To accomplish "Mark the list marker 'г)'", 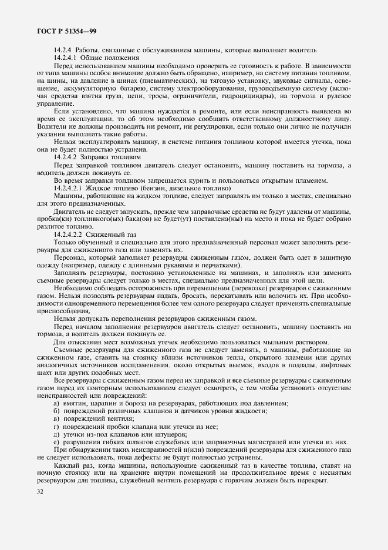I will [56, 425].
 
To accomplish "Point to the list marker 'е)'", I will [56, 441].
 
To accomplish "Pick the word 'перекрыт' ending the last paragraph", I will [311, 479].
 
